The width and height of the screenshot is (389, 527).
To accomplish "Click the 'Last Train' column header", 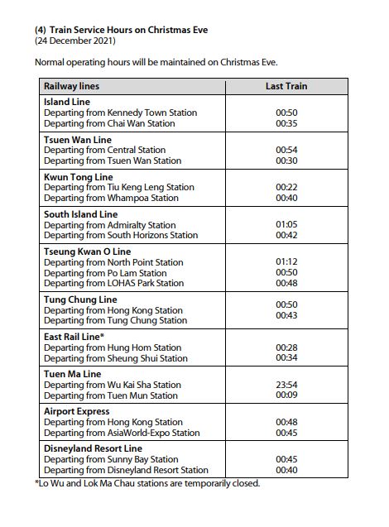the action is pos(286,86).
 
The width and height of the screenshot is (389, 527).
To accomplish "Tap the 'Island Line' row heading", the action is pos(67,102).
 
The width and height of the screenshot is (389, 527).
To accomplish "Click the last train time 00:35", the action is pos(286,123).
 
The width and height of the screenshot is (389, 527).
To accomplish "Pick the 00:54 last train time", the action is pos(286,151).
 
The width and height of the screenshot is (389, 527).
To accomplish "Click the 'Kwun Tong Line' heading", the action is pos(78,177).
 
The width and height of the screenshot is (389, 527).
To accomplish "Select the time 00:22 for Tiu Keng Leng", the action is pos(286,188).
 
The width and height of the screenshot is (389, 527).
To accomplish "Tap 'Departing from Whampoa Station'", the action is pos(111,199).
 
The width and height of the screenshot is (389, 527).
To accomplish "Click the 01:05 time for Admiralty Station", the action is pos(286,225).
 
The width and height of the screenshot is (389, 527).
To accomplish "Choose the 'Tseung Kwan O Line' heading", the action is pos(87,252).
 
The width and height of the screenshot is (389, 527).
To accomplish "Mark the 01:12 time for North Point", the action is pos(286,262).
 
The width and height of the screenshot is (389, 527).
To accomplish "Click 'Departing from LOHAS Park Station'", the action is pos(114,284).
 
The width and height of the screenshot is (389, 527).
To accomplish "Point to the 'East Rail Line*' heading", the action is pos(74,337).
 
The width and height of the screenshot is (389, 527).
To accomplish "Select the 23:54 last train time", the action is pos(286,385).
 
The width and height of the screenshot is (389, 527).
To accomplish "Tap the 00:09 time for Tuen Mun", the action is pos(286,395).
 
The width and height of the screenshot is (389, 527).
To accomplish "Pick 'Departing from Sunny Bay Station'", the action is pos(111,459).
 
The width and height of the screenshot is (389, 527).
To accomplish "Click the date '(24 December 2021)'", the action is pos(75,41).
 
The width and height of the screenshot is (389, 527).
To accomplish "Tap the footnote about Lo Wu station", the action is pos(146,483).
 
